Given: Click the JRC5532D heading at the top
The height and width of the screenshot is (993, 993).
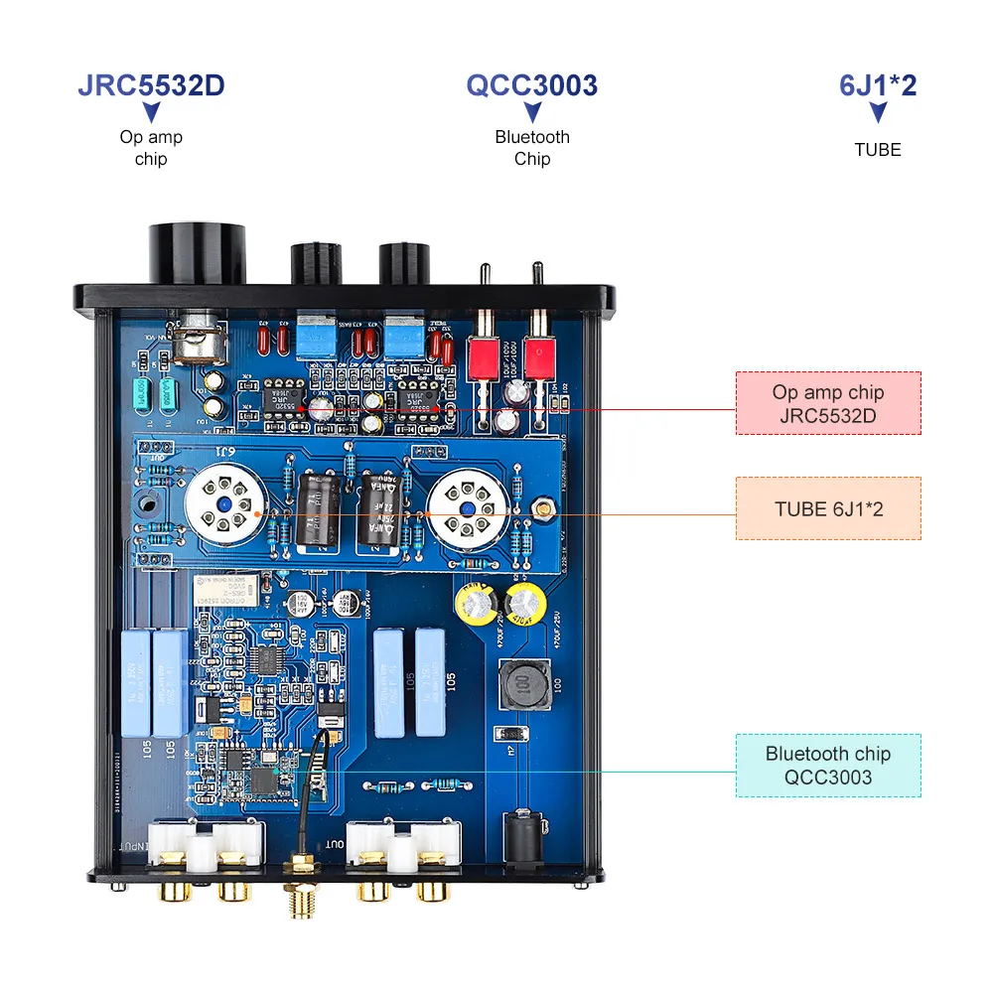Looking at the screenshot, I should pyautogui.click(x=151, y=85).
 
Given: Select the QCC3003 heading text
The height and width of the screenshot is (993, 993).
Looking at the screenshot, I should pyautogui.click(x=532, y=85).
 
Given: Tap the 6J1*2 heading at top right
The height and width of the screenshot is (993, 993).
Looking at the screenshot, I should pyautogui.click(x=878, y=85).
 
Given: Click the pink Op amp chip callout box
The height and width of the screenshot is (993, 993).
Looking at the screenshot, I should pyautogui.click(x=827, y=403).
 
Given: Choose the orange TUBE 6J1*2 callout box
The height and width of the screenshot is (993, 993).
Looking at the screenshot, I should pyautogui.click(x=827, y=508).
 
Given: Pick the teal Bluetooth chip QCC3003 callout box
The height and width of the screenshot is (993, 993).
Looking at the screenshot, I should pyautogui.click(x=827, y=766).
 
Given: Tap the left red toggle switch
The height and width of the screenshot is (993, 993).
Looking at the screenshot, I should pyautogui.click(x=484, y=357).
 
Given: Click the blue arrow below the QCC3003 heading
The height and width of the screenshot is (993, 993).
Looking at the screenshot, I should pyautogui.click(x=532, y=113).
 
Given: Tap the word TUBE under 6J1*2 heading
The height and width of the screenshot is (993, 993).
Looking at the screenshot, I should pyautogui.click(x=878, y=150).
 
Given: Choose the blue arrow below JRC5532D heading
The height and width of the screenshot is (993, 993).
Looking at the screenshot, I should pyautogui.click(x=151, y=113).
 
